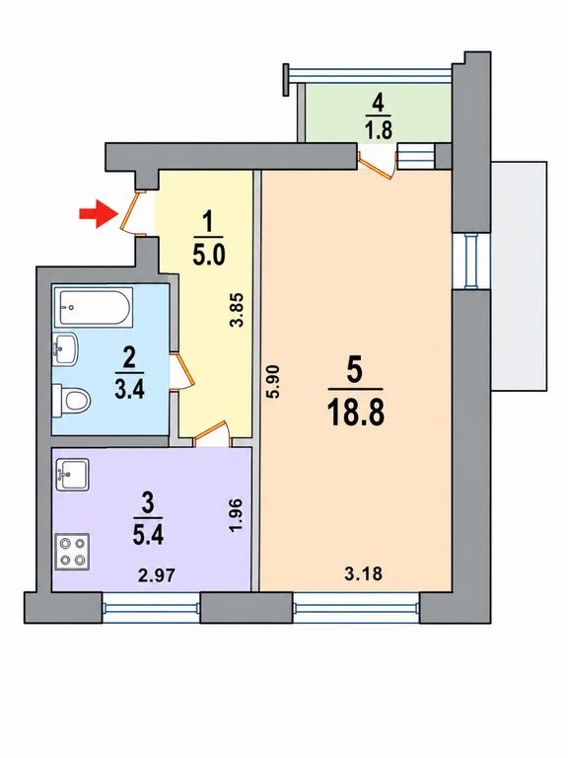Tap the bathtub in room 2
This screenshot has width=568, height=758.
(x=94, y=307)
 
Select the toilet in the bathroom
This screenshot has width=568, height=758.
(x=71, y=401)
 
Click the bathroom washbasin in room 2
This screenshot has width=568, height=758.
(x=65, y=348)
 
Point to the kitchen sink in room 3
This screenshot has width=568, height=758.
(x=72, y=474)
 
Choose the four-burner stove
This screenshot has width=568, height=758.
(x=72, y=552)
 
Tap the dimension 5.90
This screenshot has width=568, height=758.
(x=274, y=381)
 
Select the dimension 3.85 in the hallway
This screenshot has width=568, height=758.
(x=236, y=310)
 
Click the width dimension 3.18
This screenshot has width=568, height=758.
(x=363, y=573)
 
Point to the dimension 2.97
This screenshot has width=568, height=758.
(x=157, y=575)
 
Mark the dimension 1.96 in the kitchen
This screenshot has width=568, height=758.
(x=236, y=516)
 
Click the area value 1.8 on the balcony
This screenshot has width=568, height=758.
(x=379, y=130)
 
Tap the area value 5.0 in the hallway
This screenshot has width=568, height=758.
(x=209, y=255)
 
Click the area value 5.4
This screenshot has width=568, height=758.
(x=148, y=535)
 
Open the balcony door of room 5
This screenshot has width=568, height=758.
(x=378, y=165)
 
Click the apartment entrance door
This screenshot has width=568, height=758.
(x=132, y=213)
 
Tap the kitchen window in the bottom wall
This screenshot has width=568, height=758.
(x=152, y=608)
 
